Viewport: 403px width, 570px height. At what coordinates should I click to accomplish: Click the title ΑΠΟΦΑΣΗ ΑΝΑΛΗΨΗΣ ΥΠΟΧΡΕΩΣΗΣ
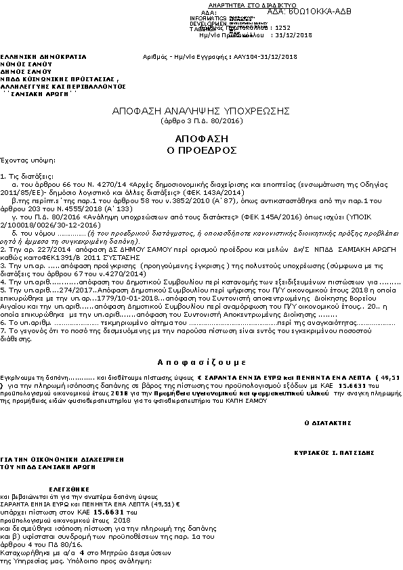point(202,110)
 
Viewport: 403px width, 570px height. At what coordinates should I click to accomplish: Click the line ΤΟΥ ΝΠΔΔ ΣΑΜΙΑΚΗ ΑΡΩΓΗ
point(42,466)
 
